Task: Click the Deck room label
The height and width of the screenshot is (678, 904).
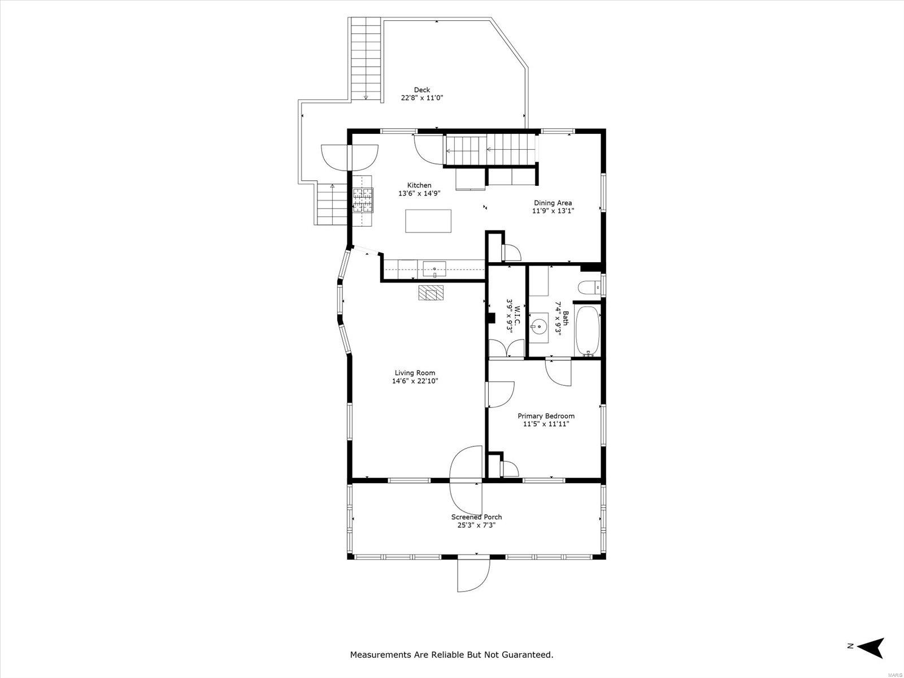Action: point(421,90)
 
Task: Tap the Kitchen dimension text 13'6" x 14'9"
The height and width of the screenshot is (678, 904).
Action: point(419,193)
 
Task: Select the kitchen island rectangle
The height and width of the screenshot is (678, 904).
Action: point(428,221)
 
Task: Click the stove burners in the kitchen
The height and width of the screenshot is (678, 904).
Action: point(363,200)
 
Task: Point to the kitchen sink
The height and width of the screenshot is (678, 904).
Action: point(434,270)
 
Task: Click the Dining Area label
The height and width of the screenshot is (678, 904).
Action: point(553,202)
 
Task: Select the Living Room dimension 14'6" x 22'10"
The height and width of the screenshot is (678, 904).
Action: point(415,381)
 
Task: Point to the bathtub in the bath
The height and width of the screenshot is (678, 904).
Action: point(586,331)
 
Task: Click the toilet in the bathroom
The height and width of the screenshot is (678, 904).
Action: point(589,288)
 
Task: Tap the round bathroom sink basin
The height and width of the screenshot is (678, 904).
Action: point(538,328)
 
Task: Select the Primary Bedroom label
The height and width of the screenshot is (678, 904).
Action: point(546,416)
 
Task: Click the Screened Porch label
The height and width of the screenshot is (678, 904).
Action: point(476,517)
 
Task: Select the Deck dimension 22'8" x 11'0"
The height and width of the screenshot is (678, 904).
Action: point(421,98)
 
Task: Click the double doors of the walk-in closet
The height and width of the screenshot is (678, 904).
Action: point(507,348)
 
